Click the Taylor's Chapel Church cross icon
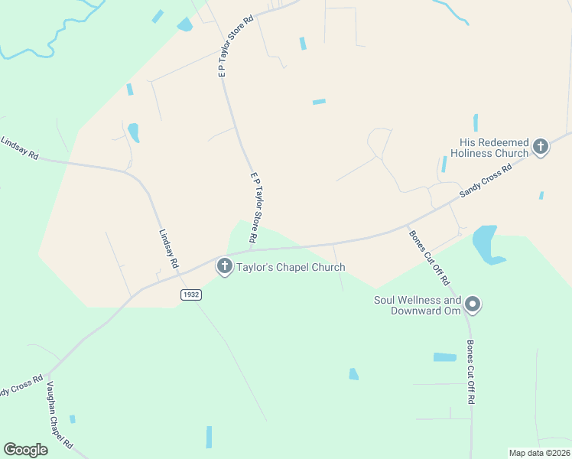[224, 266]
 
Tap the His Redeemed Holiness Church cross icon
[541, 146]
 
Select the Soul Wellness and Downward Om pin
[473, 304]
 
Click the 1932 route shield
[191, 295]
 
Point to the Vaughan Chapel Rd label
[60, 416]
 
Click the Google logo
[26, 450]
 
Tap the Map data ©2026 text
[538, 452]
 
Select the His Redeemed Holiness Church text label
[494, 148]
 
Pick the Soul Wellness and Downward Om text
[417, 305]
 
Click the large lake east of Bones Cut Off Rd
[486, 244]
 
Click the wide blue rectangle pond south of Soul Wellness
[444, 357]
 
